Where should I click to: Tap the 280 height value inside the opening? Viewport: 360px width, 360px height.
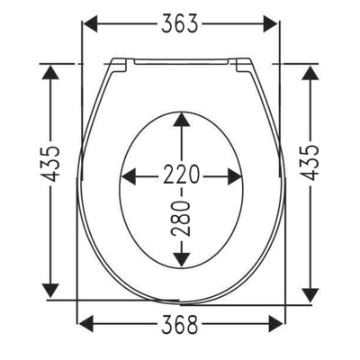point(182,219)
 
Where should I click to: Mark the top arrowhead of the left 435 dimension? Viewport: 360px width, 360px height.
point(51,72)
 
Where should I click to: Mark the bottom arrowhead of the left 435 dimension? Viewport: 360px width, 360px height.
point(51,290)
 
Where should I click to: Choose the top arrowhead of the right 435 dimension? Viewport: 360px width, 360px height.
point(310,72)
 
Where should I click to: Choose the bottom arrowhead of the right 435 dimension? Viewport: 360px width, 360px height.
point(310,290)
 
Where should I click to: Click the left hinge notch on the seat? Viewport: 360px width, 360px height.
point(117,64)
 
